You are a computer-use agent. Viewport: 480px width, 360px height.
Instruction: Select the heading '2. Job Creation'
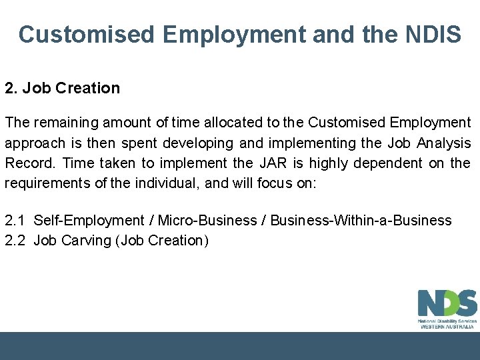coord(62,88)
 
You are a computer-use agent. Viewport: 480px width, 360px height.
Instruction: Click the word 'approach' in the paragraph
coord(35,143)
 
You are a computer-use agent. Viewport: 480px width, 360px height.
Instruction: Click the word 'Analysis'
coord(445,143)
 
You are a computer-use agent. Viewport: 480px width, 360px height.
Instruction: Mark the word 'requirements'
coord(47,183)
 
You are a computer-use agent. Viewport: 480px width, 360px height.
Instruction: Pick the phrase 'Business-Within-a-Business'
coord(361,220)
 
